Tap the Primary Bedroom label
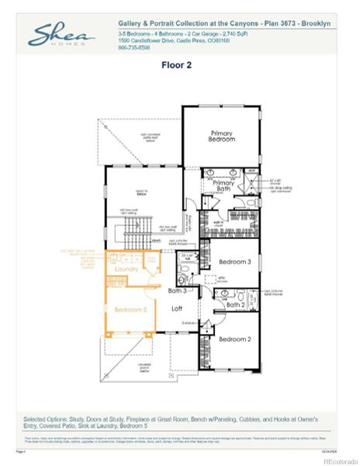221,137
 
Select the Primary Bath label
224,186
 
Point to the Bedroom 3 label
234,262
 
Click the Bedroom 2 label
234,339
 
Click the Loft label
177,308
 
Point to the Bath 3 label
178,290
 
